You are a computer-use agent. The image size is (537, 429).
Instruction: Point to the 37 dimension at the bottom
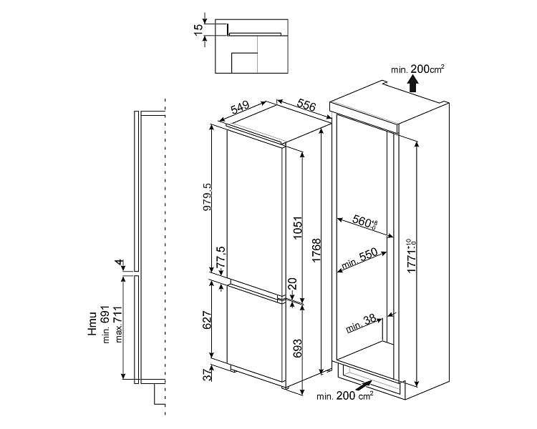(208, 373)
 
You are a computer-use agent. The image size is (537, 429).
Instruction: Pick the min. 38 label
(362, 325)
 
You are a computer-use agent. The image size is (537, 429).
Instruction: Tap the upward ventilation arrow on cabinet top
(413, 84)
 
